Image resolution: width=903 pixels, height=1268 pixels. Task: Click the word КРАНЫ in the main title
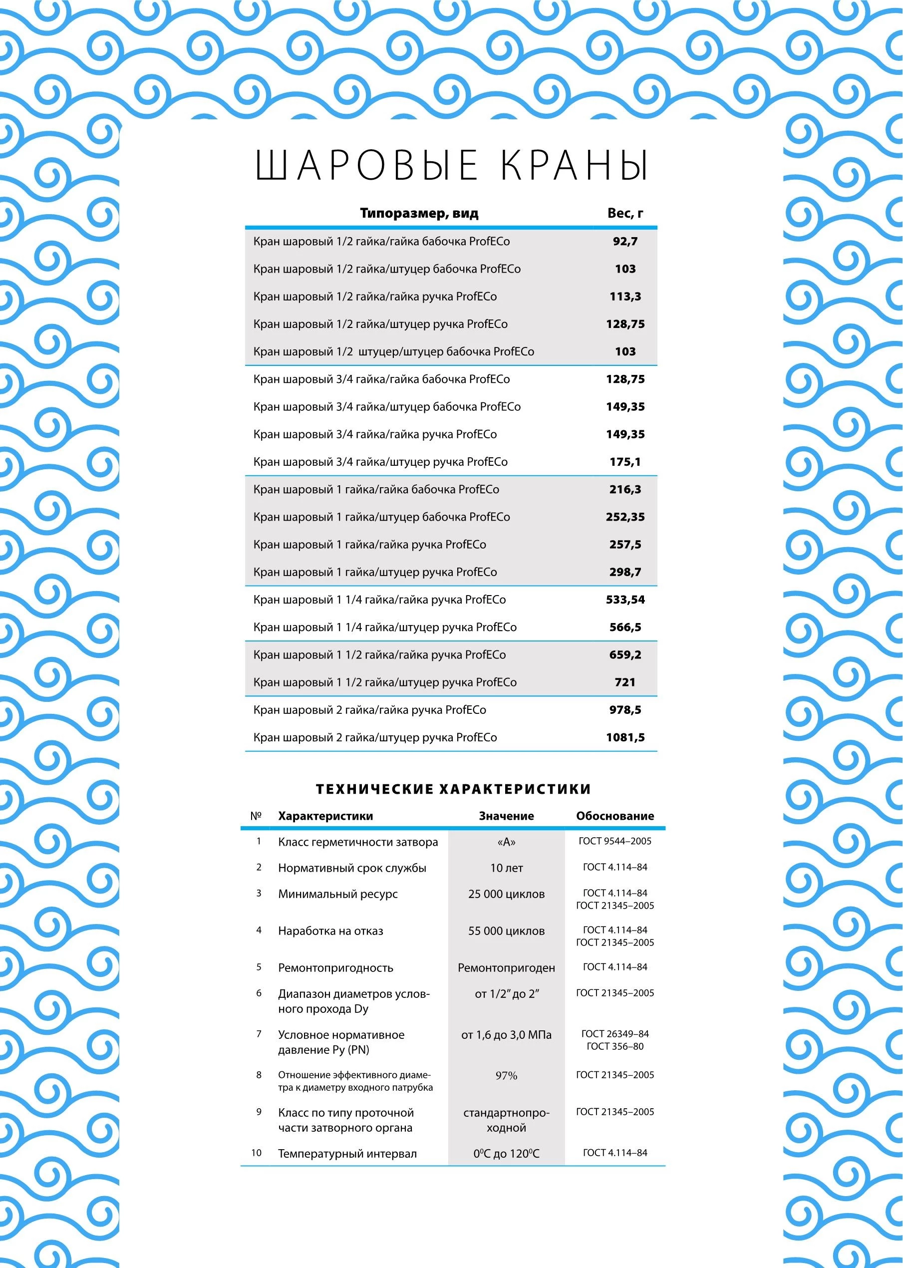[575, 165]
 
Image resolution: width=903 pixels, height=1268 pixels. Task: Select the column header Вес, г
[625, 214]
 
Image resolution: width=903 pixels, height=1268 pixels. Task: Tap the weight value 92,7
[625, 241]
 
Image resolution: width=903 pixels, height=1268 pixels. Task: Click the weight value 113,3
[625, 297]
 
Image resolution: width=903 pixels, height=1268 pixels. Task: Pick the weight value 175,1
[625, 462]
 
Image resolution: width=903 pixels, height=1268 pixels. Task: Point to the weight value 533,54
[625, 600]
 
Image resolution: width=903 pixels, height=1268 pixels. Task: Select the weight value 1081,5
[625, 737]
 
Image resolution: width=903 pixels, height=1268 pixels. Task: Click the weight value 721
[625, 682]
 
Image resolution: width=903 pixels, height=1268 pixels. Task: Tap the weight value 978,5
[625, 710]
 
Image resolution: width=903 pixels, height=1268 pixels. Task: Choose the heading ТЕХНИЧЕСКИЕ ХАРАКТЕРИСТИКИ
[453, 789]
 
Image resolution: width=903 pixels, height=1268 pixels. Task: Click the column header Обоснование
[614, 816]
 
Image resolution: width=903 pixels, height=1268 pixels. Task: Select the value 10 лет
[506, 868]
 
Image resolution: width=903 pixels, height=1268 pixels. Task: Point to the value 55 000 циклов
[506, 931]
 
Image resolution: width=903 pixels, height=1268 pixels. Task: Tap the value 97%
[506, 1076]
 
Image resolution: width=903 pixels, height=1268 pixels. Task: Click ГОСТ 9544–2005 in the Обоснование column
[614, 842]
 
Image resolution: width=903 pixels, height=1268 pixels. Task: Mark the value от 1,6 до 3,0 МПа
[506, 1035]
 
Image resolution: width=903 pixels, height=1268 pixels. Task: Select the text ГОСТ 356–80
[614, 1047]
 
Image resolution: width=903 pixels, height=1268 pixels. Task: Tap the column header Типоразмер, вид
[419, 214]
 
